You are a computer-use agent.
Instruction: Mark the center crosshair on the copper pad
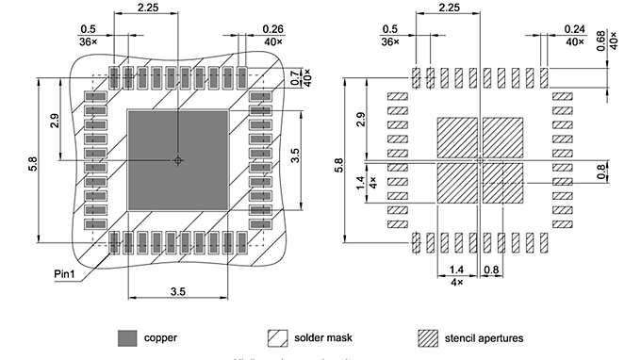click(x=177, y=160)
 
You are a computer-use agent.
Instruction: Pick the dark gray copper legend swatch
click(x=126, y=336)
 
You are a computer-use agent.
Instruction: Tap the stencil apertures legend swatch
click(x=429, y=336)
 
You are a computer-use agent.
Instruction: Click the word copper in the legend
click(x=161, y=336)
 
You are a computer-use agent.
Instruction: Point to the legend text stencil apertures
click(x=485, y=336)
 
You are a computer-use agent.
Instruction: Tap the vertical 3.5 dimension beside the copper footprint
click(x=295, y=155)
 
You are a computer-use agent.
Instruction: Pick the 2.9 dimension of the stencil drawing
click(x=361, y=121)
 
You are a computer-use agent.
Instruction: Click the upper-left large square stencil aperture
click(x=456, y=138)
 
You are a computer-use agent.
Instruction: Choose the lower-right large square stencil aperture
click(x=502, y=184)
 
